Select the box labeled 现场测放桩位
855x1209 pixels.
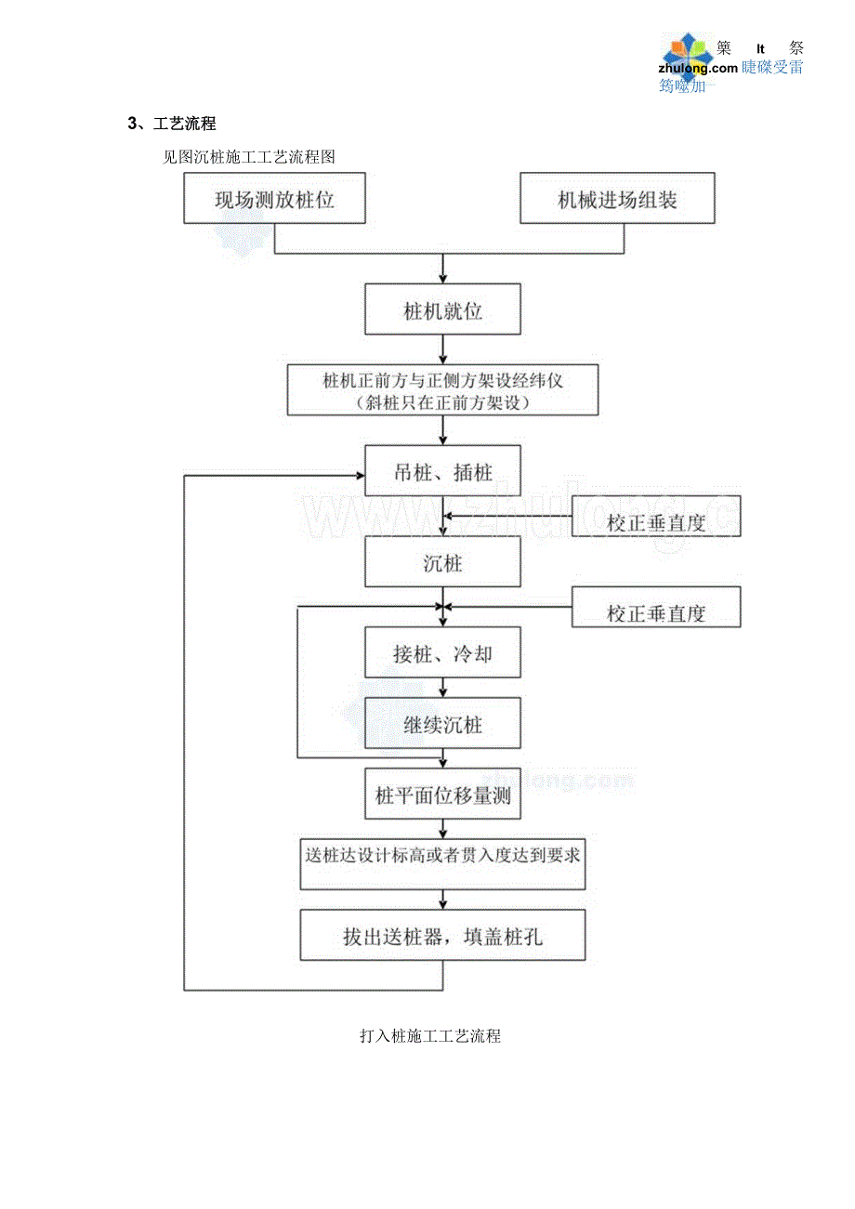[274, 198]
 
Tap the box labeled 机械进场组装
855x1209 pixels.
[617, 198]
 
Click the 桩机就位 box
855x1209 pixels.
[442, 310]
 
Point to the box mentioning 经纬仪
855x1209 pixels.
[442, 390]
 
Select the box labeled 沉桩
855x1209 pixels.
[442, 562]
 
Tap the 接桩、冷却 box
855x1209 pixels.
[442, 653]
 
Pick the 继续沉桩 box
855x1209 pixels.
[442, 724]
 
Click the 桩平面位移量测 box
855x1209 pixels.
[442, 795]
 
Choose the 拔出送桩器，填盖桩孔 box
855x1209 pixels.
[442, 935]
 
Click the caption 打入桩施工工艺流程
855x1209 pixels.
[429, 1035]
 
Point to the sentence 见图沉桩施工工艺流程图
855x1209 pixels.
[248, 157]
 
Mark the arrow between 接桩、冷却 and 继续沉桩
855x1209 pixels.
[442, 689]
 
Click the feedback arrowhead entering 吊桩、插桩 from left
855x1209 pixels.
[359, 476]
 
